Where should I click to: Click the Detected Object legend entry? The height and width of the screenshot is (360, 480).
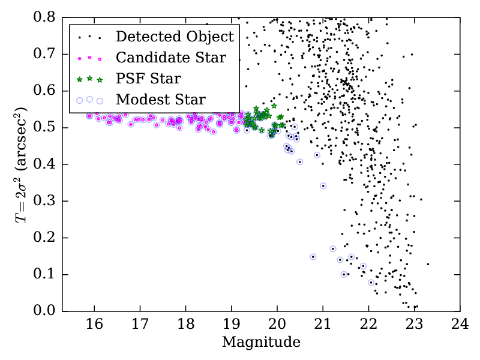pos(175,37)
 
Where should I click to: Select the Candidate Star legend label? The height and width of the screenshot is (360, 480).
pos(171,58)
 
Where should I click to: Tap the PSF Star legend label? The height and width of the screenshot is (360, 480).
pos(149,78)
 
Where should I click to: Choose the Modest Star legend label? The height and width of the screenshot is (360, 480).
pos(161,99)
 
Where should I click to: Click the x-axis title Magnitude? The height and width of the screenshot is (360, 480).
pos(260,343)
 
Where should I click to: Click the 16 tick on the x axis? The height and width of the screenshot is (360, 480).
pos(94,325)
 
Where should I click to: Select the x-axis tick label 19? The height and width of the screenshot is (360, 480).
pos(231,325)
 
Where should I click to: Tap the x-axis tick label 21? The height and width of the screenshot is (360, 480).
pos(323,325)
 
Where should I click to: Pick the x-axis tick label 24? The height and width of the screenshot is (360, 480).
pos(460,325)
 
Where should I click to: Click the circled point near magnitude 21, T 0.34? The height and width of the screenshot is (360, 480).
pos(323,186)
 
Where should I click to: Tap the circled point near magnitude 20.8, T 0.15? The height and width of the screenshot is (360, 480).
pos(313,257)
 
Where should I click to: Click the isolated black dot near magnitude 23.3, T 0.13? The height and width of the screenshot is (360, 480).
pos(428,264)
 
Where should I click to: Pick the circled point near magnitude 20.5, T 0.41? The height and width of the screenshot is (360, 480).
pos(299,162)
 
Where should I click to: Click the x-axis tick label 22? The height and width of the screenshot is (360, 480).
pos(368,325)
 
